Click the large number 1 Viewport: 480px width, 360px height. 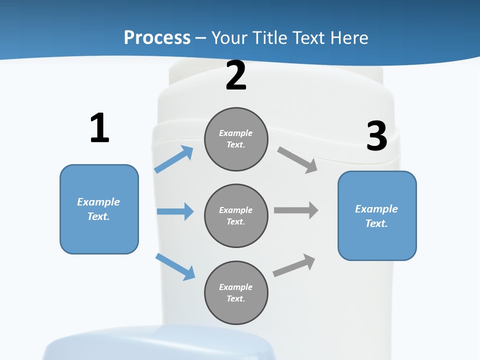[99, 128]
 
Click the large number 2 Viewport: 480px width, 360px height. [236, 75]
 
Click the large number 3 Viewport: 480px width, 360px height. [376, 136]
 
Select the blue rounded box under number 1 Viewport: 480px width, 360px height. [99, 209]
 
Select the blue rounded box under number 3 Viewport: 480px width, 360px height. [377, 216]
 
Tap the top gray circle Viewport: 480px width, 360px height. [236, 139]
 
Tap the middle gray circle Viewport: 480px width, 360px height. [236, 215]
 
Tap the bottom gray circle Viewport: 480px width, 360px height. [236, 292]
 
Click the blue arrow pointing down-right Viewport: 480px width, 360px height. [175, 266]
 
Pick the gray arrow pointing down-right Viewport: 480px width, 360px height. [297, 160]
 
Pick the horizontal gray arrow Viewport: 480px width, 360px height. [296, 210]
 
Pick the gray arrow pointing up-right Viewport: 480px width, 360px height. [294, 265]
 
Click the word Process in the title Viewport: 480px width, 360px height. [157, 37]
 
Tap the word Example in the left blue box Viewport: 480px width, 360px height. [98, 202]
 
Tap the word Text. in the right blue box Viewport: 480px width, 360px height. [376, 223]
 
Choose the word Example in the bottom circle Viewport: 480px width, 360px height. [235, 287]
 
